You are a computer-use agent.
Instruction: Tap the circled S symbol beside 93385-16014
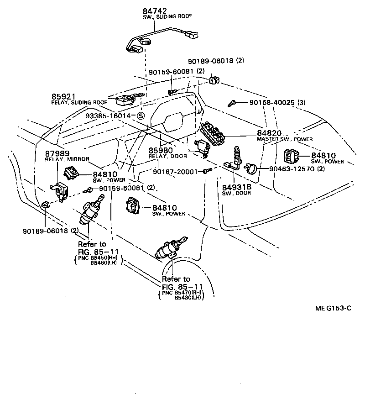point(141,116)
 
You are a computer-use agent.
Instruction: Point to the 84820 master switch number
point(269,133)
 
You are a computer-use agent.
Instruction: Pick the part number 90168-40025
point(271,103)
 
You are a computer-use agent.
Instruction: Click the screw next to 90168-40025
point(233,103)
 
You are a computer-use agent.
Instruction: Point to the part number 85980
point(160,150)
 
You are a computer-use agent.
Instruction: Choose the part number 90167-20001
point(175,172)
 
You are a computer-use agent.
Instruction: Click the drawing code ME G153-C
point(333,308)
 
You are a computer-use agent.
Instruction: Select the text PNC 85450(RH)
point(98,258)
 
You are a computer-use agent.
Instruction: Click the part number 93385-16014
point(108,116)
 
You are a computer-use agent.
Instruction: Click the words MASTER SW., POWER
point(285,139)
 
